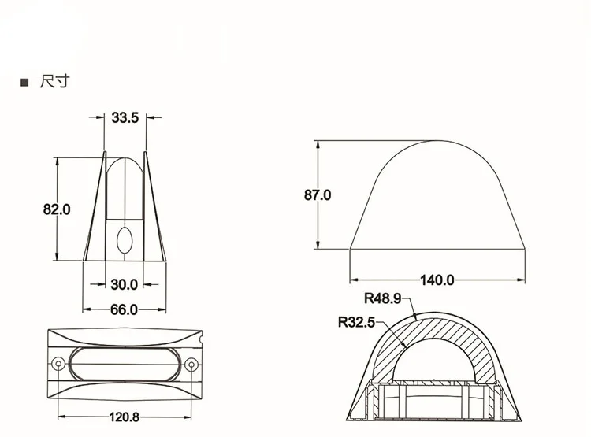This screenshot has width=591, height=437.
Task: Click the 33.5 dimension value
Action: (125, 117)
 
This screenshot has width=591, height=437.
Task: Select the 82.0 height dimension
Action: (57, 209)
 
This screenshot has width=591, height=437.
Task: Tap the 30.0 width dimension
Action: (125, 284)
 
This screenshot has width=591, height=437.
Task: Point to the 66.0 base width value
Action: (124, 309)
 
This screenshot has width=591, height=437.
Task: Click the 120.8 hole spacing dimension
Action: (125, 417)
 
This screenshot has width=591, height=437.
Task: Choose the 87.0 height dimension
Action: (318, 195)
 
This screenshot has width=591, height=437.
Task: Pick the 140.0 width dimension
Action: (437, 280)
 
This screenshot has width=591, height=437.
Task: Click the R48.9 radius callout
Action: (382, 298)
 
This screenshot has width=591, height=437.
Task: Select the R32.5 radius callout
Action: (356, 323)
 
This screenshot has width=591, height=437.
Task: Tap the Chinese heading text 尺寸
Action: (54, 81)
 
